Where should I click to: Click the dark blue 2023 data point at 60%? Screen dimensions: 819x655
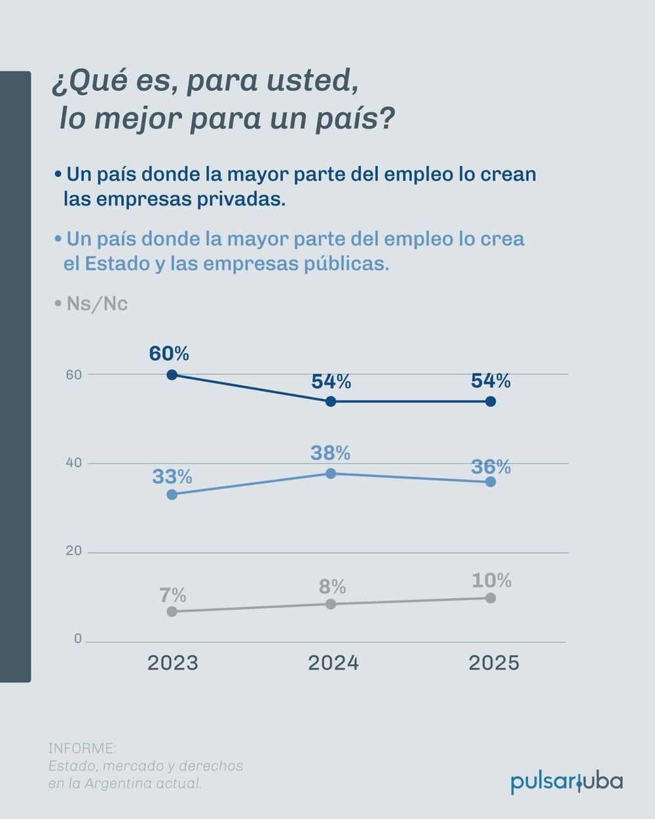(x=172, y=375)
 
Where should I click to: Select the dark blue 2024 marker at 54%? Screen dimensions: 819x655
(x=331, y=401)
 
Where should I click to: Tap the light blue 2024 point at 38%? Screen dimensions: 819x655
(x=331, y=473)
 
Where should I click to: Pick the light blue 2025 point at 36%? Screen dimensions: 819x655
(x=491, y=482)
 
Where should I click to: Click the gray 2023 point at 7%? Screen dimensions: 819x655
(x=172, y=611)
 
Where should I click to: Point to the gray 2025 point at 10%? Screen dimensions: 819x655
(x=491, y=598)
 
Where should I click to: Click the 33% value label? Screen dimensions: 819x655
(x=172, y=476)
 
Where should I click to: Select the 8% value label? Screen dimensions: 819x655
(x=332, y=586)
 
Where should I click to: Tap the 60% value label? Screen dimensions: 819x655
(x=169, y=354)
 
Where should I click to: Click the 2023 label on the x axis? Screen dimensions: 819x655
(x=172, y=663)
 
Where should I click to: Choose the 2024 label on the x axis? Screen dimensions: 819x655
(x=333, y=663)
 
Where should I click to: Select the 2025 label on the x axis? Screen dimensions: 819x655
(x=494, y=663)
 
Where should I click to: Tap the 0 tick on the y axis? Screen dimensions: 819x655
(x=78, y=639)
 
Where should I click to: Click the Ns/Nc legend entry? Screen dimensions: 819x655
(x=96, y=304)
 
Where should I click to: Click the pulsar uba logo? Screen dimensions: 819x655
(x=567, y=782)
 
